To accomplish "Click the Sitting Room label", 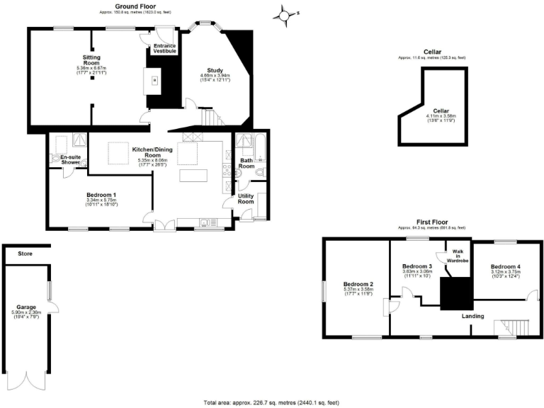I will [x=91, y=59].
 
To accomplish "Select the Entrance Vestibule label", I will [x=164, y=48].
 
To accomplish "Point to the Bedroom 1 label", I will [x=101, y=195].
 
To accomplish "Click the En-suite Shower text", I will [x=70, y=159].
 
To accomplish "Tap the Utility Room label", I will [x=246, y=198].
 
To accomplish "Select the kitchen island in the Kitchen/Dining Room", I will [x=196, y=174].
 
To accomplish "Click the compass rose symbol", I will [x=285, y=13].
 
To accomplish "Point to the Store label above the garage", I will [x=25, y=253].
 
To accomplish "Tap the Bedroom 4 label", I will [x=506, y=267].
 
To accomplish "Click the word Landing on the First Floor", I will [x=473, y=316].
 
